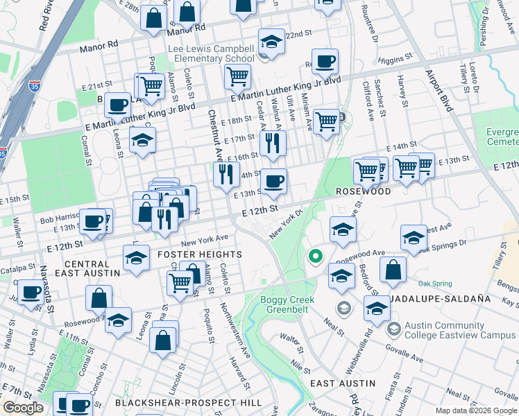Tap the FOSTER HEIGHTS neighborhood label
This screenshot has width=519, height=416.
tap(201, 254)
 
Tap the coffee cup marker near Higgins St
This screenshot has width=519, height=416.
tap(325, 62)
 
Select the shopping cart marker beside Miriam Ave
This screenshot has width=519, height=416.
tap(326, 121)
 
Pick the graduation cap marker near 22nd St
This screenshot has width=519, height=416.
tap(272, 42)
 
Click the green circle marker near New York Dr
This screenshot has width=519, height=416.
tap(316, 257)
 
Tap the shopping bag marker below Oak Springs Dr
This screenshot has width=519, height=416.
tap(393, 272)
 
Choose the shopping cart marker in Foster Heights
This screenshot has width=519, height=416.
tap(180, 282)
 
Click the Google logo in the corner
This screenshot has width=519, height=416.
tap(23, 408)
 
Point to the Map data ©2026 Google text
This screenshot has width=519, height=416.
tap(476, 410)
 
